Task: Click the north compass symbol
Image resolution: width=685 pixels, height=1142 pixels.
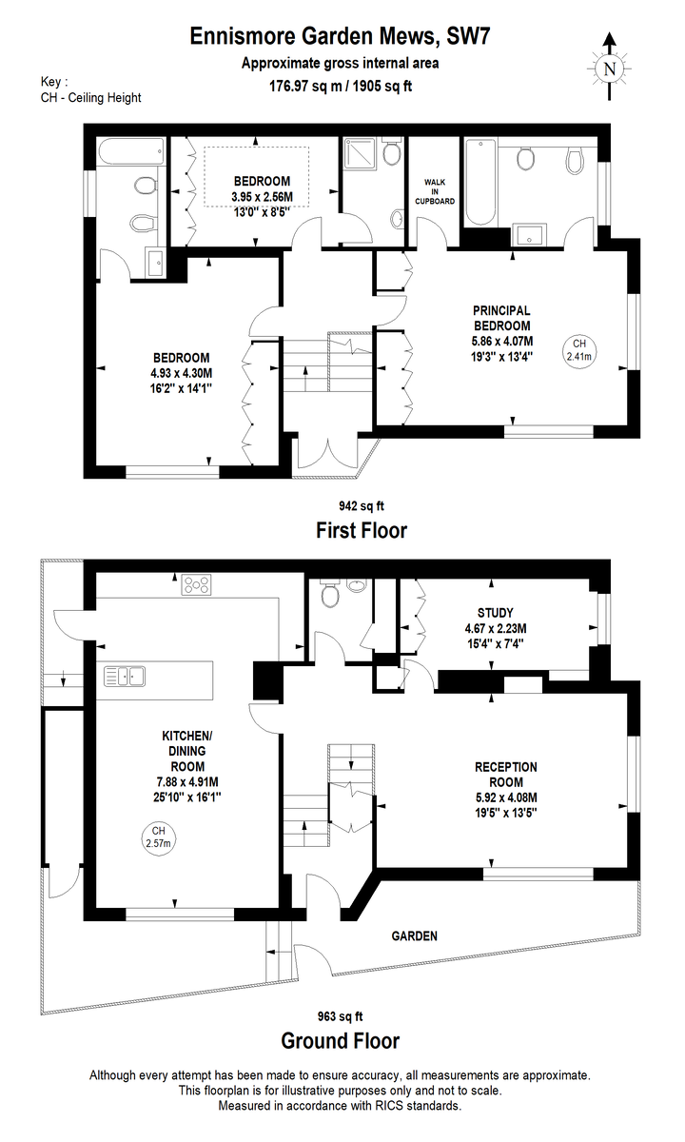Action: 610,68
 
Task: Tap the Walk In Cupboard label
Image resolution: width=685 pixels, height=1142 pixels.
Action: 435,191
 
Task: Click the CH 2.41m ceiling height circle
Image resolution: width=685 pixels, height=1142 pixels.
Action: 579,350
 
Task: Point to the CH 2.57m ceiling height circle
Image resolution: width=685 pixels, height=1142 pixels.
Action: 158,838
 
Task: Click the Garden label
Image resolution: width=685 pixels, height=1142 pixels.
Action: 415,936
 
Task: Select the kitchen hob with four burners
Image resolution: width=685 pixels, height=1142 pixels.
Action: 197,584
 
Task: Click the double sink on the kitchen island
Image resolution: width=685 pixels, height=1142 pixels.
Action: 125,677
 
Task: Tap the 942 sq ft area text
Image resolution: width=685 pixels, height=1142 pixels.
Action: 362,505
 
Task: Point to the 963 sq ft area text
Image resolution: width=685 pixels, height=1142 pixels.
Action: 340,1016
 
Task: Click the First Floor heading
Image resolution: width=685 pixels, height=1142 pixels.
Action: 362,530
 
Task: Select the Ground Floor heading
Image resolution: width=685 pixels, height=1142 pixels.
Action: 341,1041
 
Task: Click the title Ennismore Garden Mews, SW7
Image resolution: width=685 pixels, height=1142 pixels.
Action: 340,37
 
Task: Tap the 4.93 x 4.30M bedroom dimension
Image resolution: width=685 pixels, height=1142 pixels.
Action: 181,373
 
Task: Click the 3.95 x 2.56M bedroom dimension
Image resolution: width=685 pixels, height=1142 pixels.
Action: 262,196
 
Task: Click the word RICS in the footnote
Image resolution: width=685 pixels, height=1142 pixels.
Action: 390,1105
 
